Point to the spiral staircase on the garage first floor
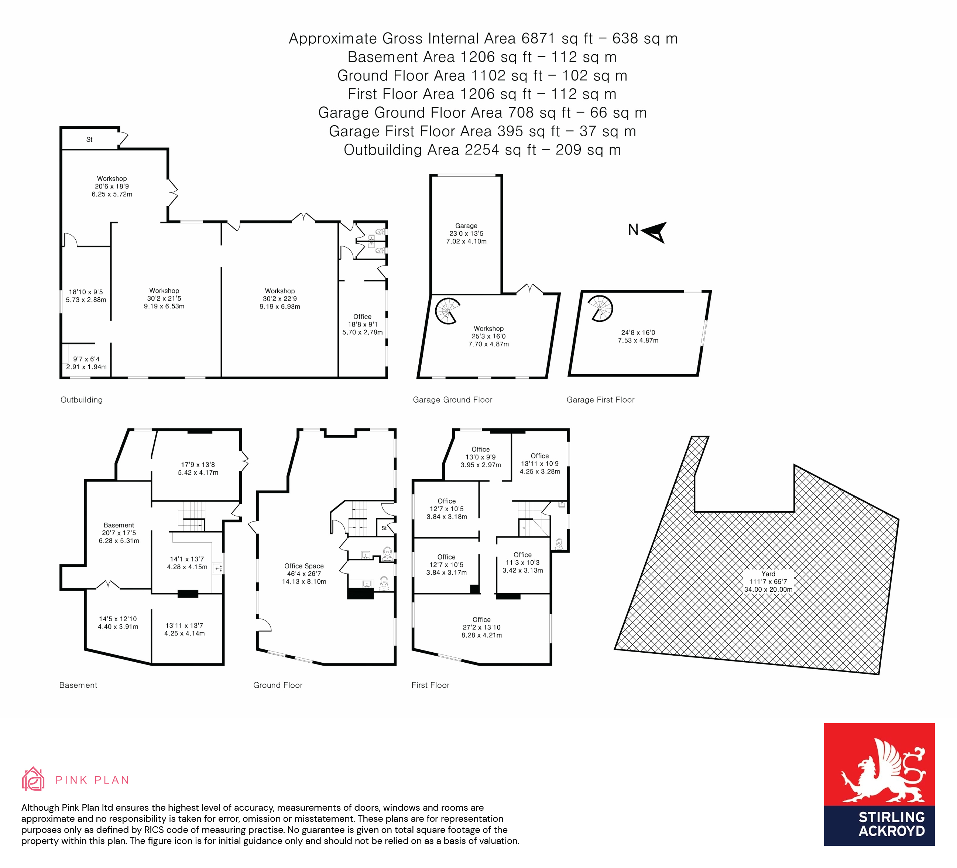pos(600,308)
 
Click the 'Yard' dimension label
pos(768,581)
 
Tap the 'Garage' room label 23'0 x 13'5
pos(466,233)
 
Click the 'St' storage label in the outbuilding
pos(89,139)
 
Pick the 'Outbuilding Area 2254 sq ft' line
pos(482,150)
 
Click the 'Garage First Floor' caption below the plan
pos(600,399)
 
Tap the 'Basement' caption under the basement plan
pos(78,685)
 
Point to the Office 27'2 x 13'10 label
pos(481,627)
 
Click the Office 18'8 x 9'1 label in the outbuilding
pos(362,324)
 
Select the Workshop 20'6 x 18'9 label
pos(112,186)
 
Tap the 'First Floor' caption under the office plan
pos(430,685)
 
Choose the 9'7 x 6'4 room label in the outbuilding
pos(86,363)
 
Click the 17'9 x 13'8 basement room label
pos(198,468)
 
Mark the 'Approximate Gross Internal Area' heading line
pos(483,38)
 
